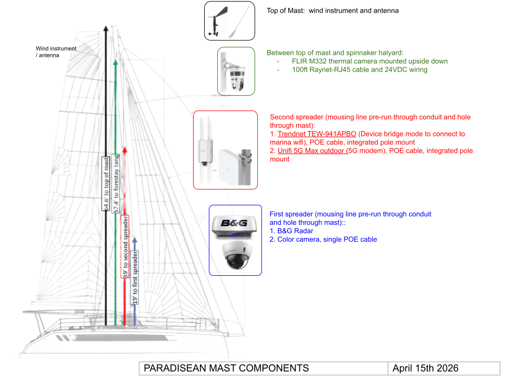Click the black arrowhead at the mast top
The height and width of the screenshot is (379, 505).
click(106, 28)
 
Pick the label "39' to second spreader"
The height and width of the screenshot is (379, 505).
click(125, 246)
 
